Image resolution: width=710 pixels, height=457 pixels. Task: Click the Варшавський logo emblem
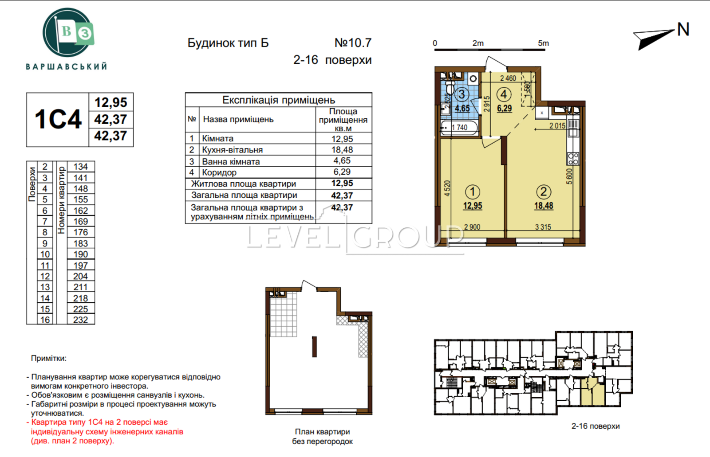click(68, 32)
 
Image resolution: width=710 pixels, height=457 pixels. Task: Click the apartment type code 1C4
click(58, 119)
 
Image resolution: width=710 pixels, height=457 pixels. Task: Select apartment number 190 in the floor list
click(80, 254)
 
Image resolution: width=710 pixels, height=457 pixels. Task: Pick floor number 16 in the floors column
click(45, 320)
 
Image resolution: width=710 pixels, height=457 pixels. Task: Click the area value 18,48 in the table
click(342, 150)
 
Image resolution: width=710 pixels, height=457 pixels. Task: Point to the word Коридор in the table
click(219, 172)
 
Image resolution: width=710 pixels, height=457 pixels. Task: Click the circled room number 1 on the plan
click(472, 191)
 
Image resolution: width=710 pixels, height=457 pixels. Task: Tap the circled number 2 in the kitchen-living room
click(544, 191)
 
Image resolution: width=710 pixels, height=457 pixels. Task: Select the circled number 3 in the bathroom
click(462, 94)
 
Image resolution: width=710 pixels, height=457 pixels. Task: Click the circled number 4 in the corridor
click(504, 94)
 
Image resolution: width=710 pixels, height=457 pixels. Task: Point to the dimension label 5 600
click(569, 176)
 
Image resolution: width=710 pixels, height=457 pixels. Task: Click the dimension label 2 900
click(472, 227)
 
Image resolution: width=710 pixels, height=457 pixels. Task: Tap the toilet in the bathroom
click(450, 87)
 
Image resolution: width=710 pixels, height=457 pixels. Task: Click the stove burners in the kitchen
click(573, 158)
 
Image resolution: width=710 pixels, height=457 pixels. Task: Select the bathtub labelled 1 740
click(459, 128)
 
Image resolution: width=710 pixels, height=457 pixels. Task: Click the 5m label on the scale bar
click(543, 43)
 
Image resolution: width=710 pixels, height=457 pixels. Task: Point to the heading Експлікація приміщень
click(279, 100)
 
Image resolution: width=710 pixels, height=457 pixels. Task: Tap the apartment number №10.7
click(353, 43)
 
